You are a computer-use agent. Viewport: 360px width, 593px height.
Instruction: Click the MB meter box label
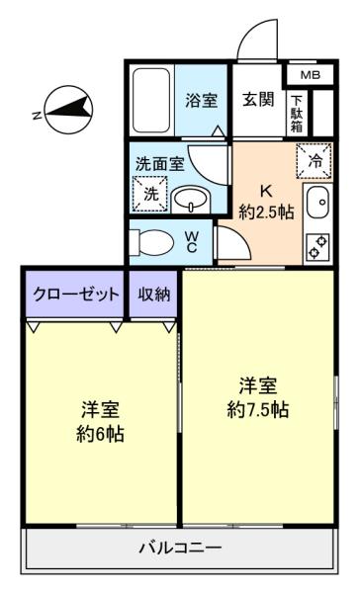coord(311,75)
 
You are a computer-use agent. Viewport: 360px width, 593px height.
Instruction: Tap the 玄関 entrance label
coord(258,100)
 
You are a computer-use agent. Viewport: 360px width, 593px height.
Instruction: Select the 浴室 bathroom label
coord(201,101)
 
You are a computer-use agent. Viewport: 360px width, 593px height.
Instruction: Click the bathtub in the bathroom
coord(151,101)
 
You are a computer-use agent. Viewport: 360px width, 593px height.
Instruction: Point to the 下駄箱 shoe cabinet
coord(297,114)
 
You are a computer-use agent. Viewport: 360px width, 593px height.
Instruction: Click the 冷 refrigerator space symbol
coord(315,161)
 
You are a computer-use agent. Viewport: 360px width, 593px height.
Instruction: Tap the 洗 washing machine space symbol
coord(150,195)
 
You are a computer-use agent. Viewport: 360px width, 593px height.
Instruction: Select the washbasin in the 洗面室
coord(190,200)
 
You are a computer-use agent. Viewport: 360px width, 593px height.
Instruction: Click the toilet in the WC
coord(151,241)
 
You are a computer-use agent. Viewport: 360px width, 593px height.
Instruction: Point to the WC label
coord(192,242)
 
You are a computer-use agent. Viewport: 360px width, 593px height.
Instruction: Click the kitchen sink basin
coord(317,203)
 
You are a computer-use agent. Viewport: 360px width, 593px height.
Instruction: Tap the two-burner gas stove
coord(317,246)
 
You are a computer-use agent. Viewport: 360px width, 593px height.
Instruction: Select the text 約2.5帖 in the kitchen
coord(266,212)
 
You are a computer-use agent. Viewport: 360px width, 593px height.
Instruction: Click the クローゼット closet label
coord(76,294)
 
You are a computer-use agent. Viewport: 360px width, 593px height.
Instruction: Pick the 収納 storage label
coord(153,294)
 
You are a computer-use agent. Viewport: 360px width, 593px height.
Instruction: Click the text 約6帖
coord(100,434)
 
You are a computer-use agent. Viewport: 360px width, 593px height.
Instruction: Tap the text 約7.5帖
coord(258,409)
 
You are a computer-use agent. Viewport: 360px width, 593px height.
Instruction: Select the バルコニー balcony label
coord(180,548)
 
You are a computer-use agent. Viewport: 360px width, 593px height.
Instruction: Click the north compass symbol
coord(68,110)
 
